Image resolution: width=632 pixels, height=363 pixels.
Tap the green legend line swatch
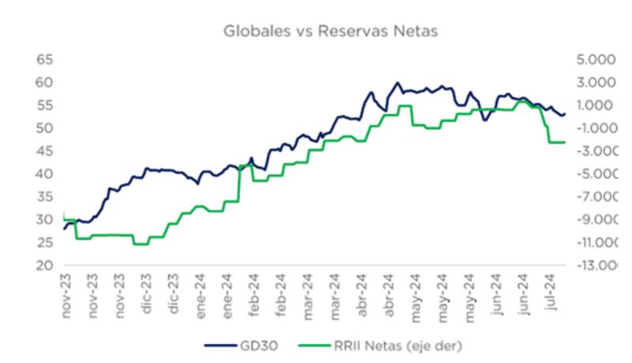(x=313, y=345)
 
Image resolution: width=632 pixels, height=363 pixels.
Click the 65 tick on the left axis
(x=43, y=60)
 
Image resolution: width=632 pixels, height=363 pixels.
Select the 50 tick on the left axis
(x=43, y=128)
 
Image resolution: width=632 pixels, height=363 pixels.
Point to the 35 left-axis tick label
(x=43, y=197)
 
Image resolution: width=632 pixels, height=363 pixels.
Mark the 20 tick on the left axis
(x=43, y=265)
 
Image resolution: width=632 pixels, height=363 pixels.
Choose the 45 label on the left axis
(x=43, y=151)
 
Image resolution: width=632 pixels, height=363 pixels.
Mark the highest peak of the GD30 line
(x=397, y=82)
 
